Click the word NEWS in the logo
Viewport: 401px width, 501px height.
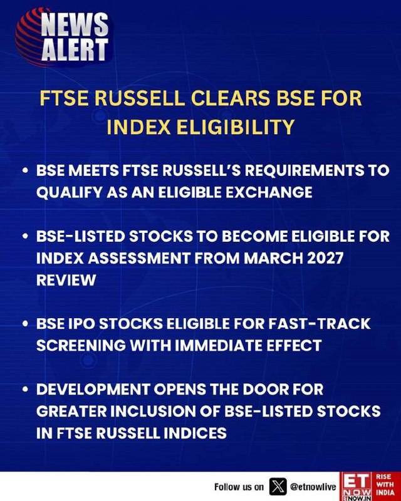[75, 24]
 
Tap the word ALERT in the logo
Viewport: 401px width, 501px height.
[75, 49]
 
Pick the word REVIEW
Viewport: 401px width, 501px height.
[66, 280]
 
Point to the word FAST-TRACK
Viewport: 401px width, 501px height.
[319, 324]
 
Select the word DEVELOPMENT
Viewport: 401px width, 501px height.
[93, 390]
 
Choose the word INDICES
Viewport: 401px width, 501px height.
[195, 433]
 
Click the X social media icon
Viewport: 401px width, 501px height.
[278, 487]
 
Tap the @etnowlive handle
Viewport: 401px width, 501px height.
[313, 487]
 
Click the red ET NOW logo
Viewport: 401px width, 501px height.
[357, 487]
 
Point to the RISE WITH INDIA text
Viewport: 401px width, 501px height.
[385, 485]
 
